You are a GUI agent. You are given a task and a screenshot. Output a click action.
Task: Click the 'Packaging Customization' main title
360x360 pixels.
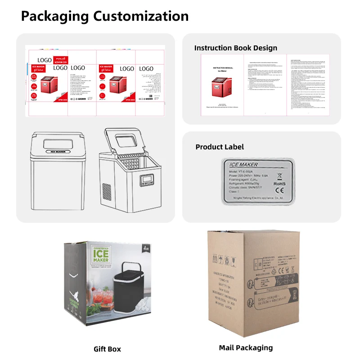click(x=105, y=17)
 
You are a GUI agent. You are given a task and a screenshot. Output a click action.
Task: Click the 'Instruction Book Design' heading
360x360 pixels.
click(x=235, y=48)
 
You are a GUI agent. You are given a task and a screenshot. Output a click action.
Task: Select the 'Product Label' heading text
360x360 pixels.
click(x=220, y=147)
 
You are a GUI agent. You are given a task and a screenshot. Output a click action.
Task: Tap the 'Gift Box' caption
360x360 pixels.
click(x=107, y=349)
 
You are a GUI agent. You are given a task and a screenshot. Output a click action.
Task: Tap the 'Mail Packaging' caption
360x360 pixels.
click(x=246, y=347)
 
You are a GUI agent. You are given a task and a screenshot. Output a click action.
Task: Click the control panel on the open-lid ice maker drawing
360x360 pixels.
click(x=147, y=180)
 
